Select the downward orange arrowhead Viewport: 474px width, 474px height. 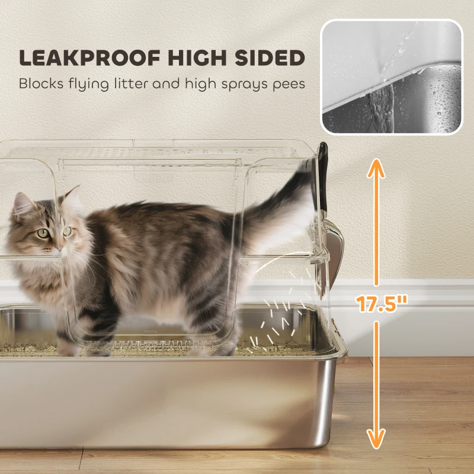(x=376, y=437)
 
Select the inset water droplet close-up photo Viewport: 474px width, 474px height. (x=392, y=77)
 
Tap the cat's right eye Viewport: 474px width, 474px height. (x=43, y=233)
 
